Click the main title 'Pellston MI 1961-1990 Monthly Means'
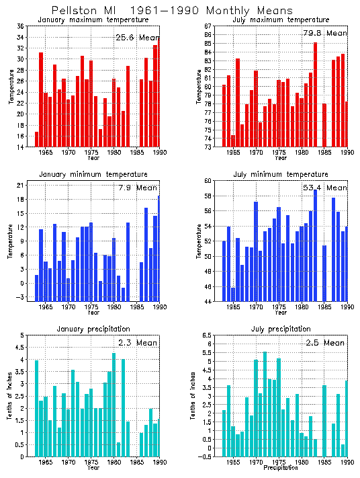pos(172,11)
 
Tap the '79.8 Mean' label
pos(325,33)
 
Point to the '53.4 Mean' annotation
pos(325,188)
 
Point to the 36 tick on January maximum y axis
pos(21,26)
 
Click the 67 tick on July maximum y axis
pos(209,26)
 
